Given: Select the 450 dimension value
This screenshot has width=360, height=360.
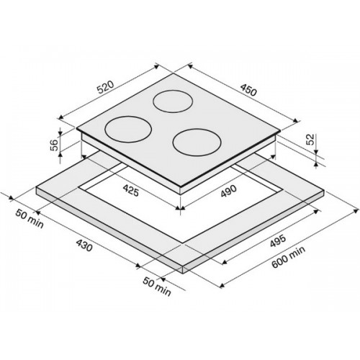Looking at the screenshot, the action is pyautogui.click(x=248, y=90).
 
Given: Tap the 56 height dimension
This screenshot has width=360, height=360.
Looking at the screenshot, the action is pyautogui.click(x=55, y=145).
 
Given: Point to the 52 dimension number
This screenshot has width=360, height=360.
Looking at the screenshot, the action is pyautogui.click(x=310, y=139).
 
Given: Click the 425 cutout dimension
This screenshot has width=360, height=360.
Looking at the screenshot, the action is pyautogui.click(x=131, y=191).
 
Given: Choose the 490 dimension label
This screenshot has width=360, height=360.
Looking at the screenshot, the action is pyautogui.click(x=228, y=192).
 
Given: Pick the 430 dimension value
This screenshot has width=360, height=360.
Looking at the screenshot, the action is pyautogui.click(x=84, y=246).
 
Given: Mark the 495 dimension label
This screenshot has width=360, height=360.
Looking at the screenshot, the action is pyautogui.click(x=278, y=240).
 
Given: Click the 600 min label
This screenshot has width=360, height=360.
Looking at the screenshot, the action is pyautogui.click(x=289, y=257).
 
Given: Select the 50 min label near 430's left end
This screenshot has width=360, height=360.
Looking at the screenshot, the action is pyautogui.click(x=30, y=219).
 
